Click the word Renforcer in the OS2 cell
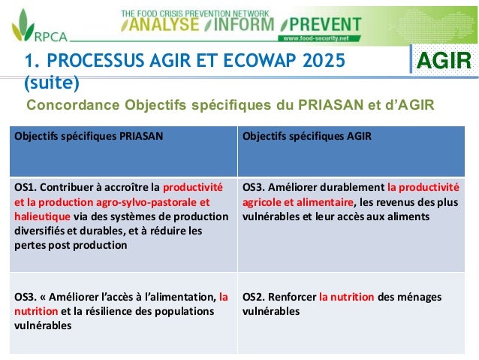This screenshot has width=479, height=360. [x=294, y=297]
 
